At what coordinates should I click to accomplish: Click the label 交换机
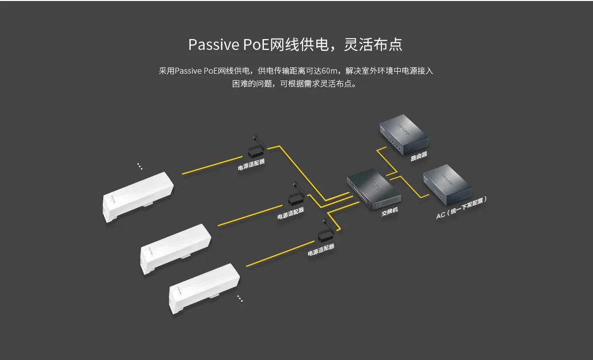coord(389,212)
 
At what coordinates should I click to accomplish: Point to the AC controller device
coord(447,186)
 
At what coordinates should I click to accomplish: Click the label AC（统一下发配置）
coord(462,208)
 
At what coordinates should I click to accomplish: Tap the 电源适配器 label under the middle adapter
coord(291,213)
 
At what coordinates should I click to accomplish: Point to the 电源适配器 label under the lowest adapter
coord(321,249)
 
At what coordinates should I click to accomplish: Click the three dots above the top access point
coord(140,166)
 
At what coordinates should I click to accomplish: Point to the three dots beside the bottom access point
coord(240,298)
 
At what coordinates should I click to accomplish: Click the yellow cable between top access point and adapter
coord(212,167)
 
